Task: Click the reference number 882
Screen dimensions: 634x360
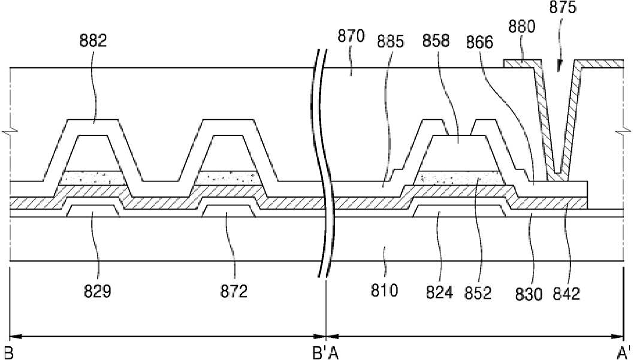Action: click(93, 41)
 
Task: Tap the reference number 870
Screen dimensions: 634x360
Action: click(351, 36)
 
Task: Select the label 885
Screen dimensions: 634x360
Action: click(390, 41)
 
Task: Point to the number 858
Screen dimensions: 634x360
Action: click(436, 40)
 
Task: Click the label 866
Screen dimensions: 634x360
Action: click(479, 42)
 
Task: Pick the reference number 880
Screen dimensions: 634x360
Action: click(521, 27)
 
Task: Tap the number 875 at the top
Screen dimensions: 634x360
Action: click(563, 7)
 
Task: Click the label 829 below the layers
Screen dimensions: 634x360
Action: click(98, 291)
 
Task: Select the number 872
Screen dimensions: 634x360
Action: click(234, 291)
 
